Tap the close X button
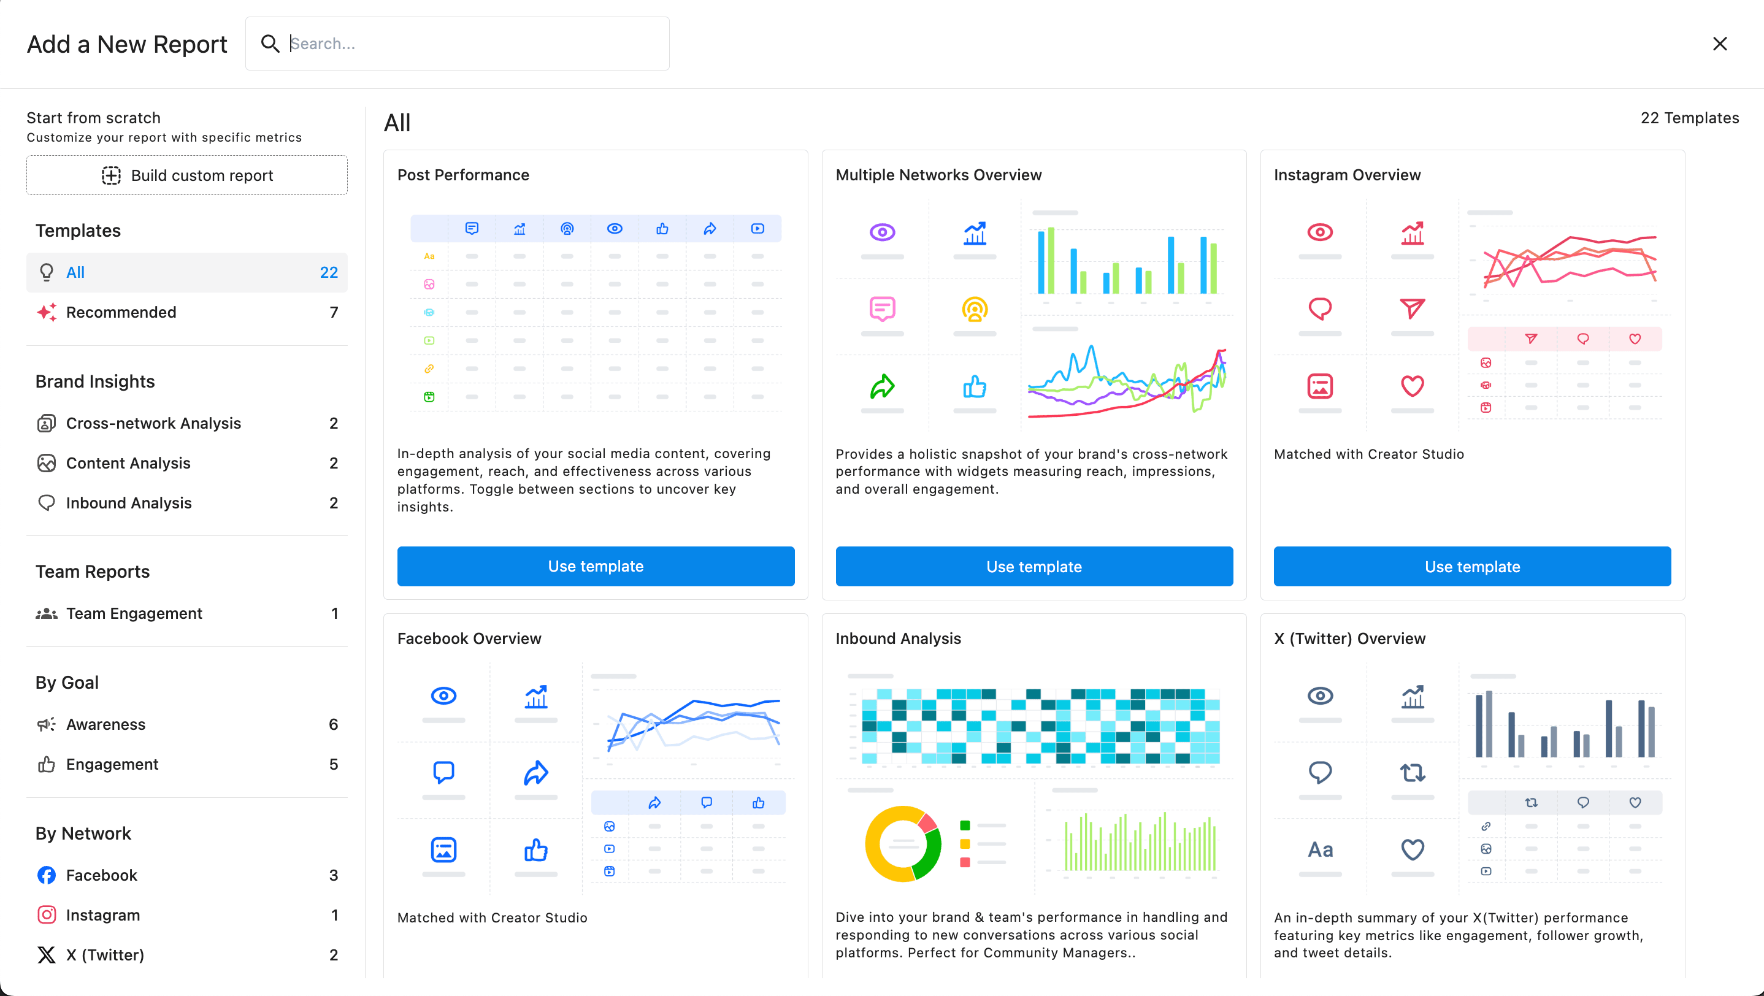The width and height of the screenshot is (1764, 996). [1719, 44]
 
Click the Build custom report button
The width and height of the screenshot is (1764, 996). [187, 175]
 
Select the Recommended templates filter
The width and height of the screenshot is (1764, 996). [121, 312]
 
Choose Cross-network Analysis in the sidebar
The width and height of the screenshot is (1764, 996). [153, 423]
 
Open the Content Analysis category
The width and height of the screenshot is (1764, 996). [128, 463]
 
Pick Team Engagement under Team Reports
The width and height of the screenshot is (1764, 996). [134, 613]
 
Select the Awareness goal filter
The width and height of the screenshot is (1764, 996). [105, 724]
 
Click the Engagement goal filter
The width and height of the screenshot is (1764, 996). [112, 764]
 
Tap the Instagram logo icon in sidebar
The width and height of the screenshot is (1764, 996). [47, 914]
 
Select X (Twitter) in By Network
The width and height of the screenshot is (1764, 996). [105, 954]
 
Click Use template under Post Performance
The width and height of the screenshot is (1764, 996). [596, 566]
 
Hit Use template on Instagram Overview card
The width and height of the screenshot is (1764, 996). [1472, 566]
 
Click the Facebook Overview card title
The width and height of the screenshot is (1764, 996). [469, 638]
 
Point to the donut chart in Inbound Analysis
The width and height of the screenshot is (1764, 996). [902, 843]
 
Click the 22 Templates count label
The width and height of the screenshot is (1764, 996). [1689, 118]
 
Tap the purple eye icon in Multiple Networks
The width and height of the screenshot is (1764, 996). [882, 232]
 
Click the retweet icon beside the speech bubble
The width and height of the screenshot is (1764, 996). [1412, 773]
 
